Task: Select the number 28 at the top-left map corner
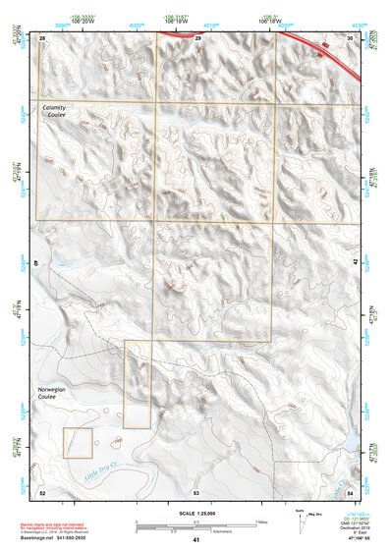42,37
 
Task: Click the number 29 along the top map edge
197,37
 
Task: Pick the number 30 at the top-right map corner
351,37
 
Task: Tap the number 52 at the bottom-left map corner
42,490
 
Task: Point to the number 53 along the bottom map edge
196,490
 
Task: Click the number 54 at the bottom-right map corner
351,490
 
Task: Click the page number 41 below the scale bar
196,540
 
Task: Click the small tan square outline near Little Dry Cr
78,442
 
